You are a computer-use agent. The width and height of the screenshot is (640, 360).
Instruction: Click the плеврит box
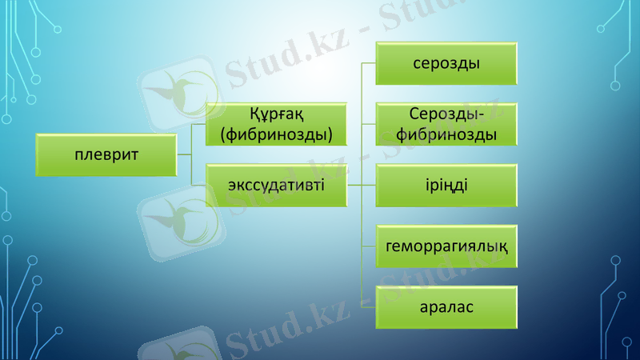click(x=106, y=154)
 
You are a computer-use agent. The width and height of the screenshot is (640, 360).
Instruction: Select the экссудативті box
click(x=277, y=185)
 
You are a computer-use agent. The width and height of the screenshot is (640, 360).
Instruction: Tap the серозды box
click(x=446, y=62)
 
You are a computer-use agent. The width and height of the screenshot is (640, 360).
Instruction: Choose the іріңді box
click(x=446, y=186)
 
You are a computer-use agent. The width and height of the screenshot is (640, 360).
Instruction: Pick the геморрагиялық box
click(x=446, y=246)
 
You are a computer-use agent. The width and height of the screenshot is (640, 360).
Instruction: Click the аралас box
click(x=446, y=307)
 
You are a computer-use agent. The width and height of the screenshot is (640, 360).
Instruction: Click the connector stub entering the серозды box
click(x=370, y=62)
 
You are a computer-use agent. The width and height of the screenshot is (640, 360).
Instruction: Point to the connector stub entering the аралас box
click(x=370, y=307)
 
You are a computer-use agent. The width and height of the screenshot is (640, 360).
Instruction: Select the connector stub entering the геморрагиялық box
click(x=370, y=246)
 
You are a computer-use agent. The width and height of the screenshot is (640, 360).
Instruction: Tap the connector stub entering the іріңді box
click(x=370, y=186)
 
